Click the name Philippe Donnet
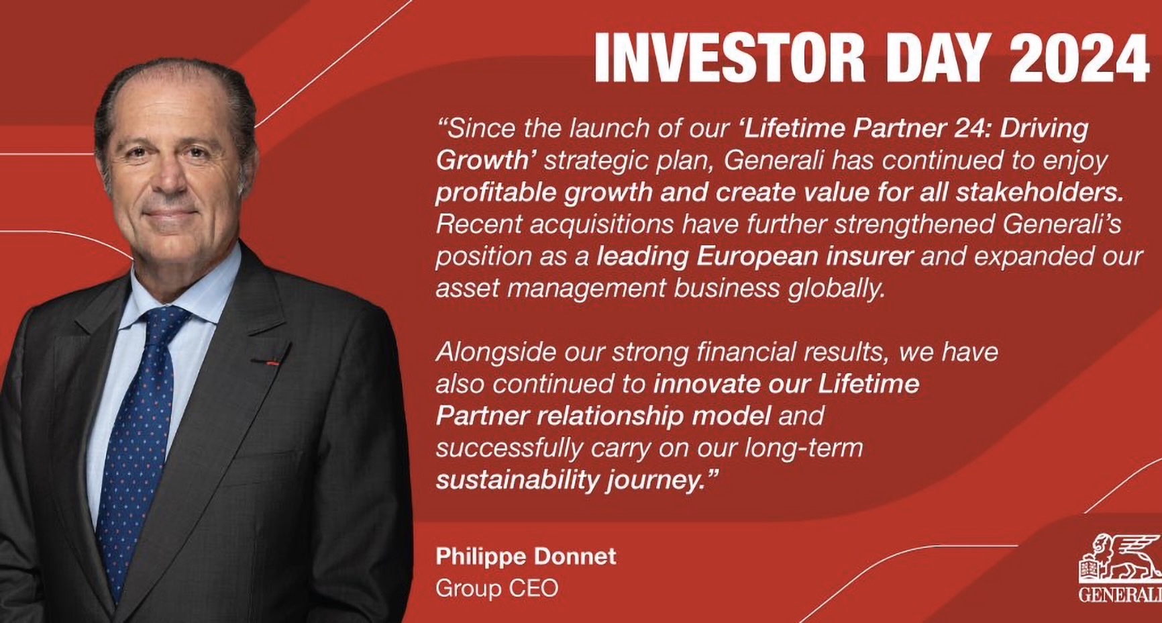[526, 557]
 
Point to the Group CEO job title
[497, 588]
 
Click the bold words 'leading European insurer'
[755, 256]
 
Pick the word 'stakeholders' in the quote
[1039, 192]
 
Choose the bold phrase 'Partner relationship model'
[603, 416]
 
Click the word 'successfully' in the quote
[509, 448]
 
